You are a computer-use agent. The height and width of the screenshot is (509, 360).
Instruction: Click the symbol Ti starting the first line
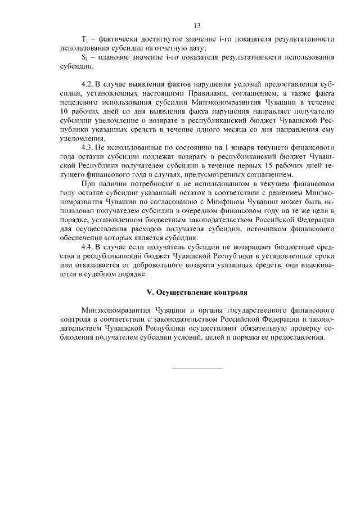[x=84, y=40]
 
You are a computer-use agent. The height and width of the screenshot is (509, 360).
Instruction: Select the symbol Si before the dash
[x=84, y=58]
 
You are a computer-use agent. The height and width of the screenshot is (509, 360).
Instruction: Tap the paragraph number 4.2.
[x=88, y=84]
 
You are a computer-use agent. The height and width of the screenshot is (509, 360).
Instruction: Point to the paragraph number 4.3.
[x=88, y=147]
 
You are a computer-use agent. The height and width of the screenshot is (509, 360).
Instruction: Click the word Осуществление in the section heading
[x=180, y=292]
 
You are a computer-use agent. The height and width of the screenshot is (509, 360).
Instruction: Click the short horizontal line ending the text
[x=196, y=367]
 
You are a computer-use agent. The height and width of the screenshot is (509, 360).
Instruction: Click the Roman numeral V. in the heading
[x=150, y=292]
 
